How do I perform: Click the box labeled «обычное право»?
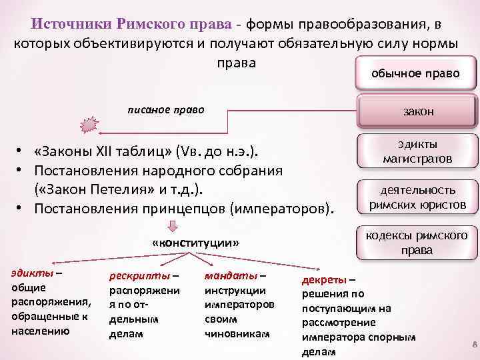[x=415, y=73]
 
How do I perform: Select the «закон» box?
[x=418, y=111]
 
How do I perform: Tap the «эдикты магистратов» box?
[x=418, y=152]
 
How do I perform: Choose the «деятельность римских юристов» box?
[x=418, y=197]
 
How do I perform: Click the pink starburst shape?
[x=89, y=125]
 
